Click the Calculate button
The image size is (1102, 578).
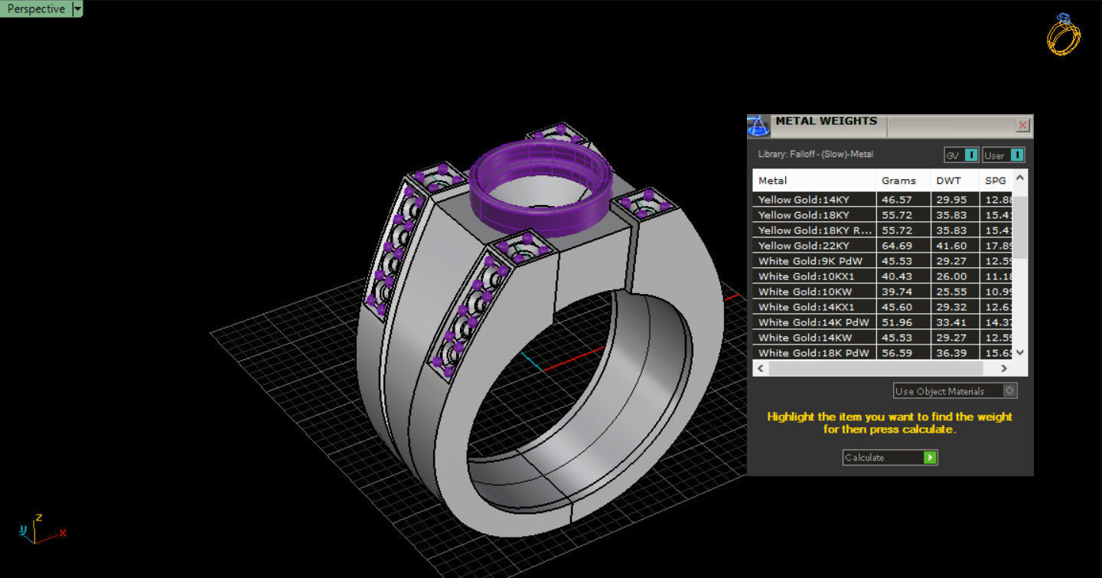pos(890,457)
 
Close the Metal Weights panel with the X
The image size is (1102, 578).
pos(1022,125)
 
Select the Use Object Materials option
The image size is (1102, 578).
pos(954,391)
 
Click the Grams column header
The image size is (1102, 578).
pos(898,181)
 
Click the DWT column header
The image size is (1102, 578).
pos(948,181)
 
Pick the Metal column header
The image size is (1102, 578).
pos(773,181)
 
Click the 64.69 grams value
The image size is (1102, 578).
pos(897,246)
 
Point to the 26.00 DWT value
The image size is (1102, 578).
pos(951,276)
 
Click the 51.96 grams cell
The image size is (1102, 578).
pos(897,322)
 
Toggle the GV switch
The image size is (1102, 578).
pos(961,155)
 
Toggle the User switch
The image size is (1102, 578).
pos(1003,155)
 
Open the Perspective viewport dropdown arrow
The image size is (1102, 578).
pos(77,9)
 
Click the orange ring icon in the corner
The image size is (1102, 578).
pos(1063,34)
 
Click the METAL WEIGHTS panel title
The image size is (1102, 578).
pos(826,121)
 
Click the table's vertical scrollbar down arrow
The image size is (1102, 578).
pos(1019,352)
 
